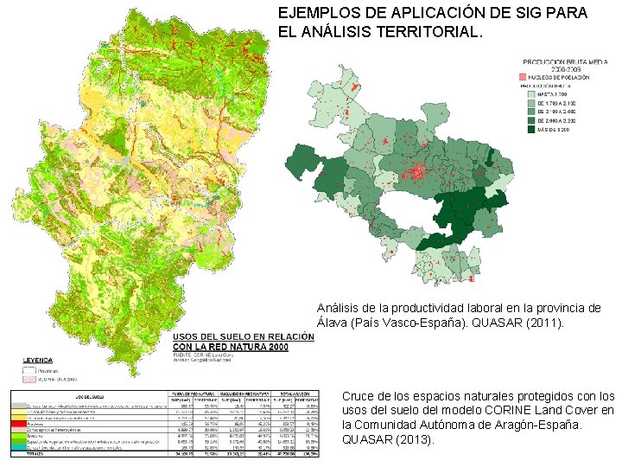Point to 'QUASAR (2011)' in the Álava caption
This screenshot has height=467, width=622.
(x=517, y=323)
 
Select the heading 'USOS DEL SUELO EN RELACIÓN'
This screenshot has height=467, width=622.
(x=244, y=336)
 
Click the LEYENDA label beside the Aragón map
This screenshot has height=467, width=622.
(x=38, y=359)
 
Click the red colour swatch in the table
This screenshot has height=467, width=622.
(x=15, y=424)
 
